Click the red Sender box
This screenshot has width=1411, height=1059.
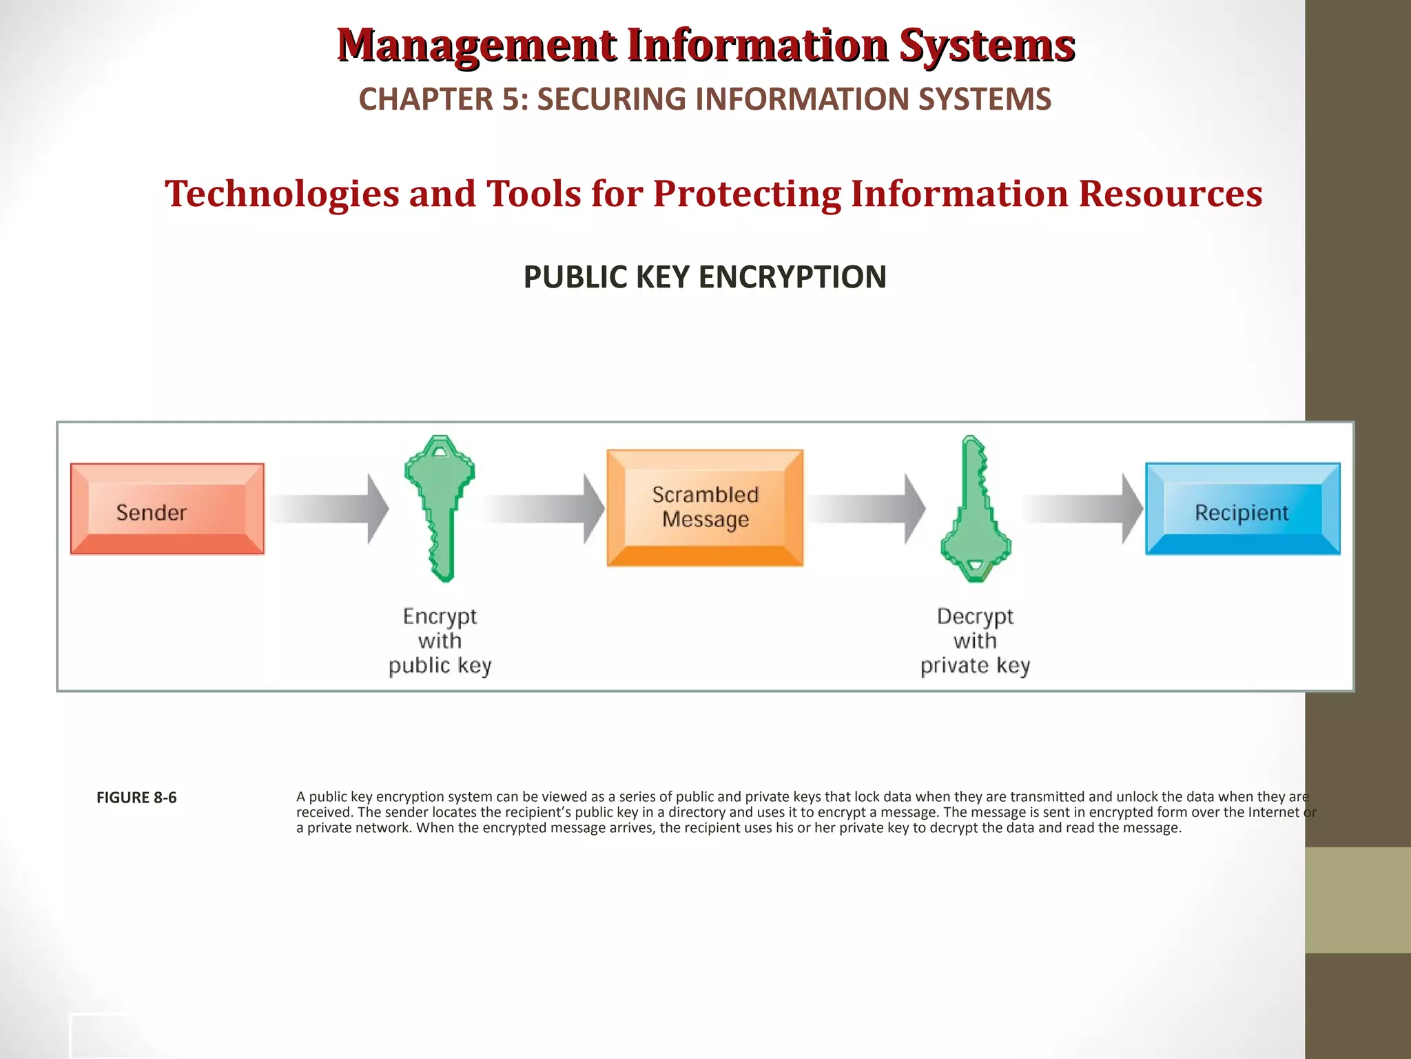click(167, 510)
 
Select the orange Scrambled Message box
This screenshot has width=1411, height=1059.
click(705, 508)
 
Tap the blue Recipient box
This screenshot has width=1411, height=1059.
click(1242, 510)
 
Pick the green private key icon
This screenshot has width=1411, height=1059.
click(975, 524)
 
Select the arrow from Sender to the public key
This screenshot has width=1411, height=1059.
click(329, 509)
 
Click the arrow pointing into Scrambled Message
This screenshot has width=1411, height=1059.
click(544, 509)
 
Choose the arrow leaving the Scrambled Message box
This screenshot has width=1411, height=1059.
click(866, 509)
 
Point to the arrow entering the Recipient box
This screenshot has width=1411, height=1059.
click(1082, 509)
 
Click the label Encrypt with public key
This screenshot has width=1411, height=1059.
click(440, 641)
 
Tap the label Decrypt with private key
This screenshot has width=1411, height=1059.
click(975, 641)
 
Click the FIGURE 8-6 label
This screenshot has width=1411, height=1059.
click(136, 798)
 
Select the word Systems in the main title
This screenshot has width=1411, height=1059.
click(987, 46)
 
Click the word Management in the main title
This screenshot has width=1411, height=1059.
click(477, 46)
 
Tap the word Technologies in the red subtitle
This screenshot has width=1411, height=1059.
click(282, 194)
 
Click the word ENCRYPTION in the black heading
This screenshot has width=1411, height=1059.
click(792, 277)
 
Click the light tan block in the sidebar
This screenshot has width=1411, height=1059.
click(1357, 900)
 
